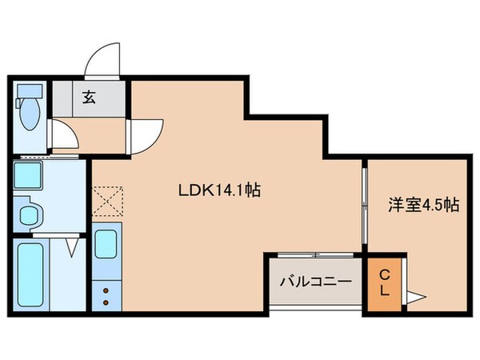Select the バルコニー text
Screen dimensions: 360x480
point(315,282)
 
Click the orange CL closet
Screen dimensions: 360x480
point(384,284)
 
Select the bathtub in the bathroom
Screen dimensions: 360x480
point(31,274)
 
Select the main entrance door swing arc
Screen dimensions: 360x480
point(102,63)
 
